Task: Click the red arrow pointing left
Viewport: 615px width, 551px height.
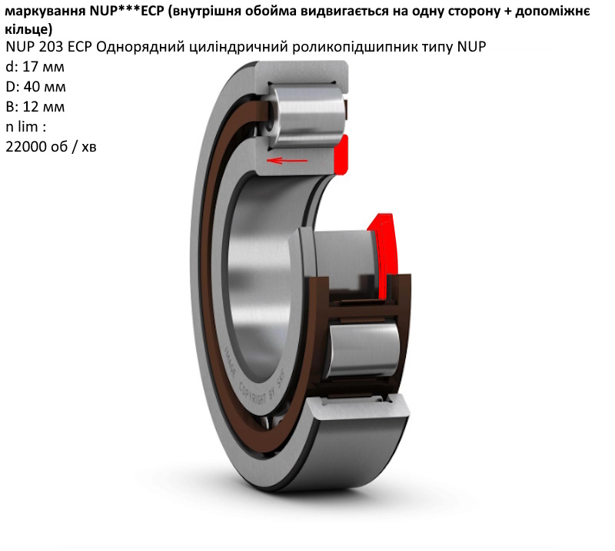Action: [x=287, y=160]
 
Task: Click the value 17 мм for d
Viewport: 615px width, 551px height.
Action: [x=44, y=67]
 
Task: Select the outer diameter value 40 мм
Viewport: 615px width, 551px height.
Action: [x=45, y=87]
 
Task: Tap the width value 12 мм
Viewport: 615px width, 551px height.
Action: [x=44, y=107]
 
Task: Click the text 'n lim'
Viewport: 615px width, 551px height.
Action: [x=22, y=127]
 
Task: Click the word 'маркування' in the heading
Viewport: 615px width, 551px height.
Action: [x=45, y=12]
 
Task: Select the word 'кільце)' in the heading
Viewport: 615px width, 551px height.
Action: [x=28, y=29]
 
